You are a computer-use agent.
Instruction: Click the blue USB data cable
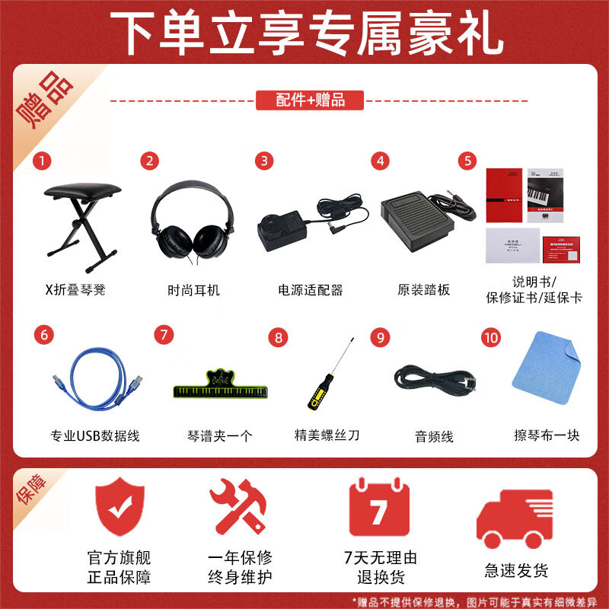click(92, 381)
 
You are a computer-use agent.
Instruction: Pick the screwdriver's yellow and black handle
click(314, 394)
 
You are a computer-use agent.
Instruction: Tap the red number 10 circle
click(492, 335)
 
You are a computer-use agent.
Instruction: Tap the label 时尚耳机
click(193, 290)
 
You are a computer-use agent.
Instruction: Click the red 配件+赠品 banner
click(311, 100)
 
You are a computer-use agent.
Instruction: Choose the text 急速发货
click(516, 570)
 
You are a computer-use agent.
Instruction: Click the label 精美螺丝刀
click(327, 435)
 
